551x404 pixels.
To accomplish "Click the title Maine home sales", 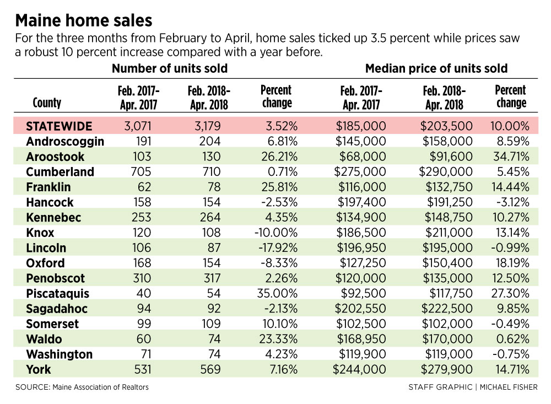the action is (x=84, y=21).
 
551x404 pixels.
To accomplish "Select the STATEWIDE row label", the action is (x=59, y=126).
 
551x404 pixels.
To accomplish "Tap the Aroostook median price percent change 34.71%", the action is (x=511, y=157).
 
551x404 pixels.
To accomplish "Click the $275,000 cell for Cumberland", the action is (x=360, y=171).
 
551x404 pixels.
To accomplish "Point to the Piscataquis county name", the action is (x=58, y=294).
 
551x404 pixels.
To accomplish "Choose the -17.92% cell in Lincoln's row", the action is (x=278, y=248).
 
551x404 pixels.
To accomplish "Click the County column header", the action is (x=47, y=103).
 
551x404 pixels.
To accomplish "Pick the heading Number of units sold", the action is (x=170, y=68).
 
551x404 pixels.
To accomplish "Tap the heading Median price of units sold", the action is (x=436, y=68).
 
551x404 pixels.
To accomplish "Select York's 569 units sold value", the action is (x=210, y=369).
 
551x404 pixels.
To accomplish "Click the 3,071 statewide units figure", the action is (x=137, y=126).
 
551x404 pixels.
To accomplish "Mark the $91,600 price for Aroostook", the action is (x=451, y=157).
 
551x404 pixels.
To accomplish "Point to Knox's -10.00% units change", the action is (x=276, y=233).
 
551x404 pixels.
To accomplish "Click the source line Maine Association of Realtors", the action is (x=100, y=387).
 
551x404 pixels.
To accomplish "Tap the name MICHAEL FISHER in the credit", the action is (x=509, y=387).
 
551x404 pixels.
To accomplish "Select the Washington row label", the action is (x=60, y=354).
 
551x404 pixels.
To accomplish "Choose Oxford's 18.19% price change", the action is (x=511, y=263).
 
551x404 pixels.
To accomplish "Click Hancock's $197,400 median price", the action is (x=361, y=202).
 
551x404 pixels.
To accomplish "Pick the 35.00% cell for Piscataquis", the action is (x=277, y=293).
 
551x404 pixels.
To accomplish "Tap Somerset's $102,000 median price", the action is (x=447, y=324).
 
